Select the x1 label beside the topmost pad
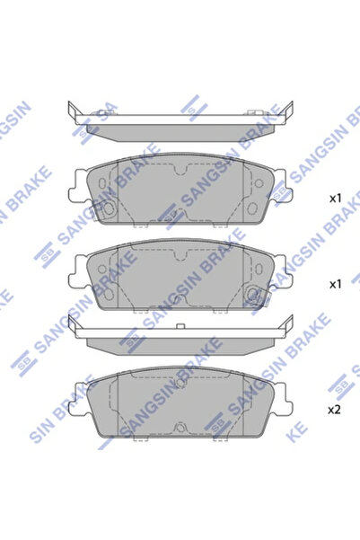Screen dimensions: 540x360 point(335,197)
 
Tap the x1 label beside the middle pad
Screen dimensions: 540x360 point(335,284)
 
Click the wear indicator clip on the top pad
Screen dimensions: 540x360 point(106,208)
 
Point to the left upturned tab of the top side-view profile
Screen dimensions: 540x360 point(71,111)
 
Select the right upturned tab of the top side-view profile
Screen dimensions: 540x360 point(290,111)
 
